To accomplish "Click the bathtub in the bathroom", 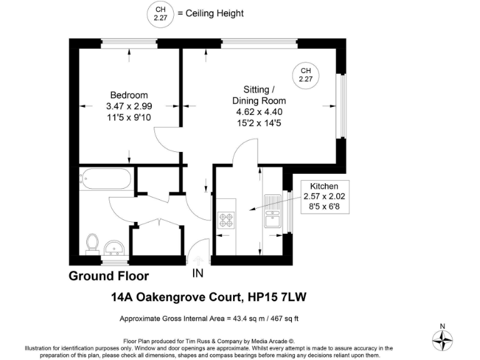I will point(106,181).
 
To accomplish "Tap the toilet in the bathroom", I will point(93,242).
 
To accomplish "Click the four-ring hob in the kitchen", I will point(226,220).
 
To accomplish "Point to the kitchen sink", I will point(273,212).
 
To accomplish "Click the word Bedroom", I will point(129,95).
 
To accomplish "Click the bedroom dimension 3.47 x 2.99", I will point(129,106).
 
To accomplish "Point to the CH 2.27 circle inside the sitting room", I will point(306,74).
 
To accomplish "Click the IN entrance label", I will point(197,273).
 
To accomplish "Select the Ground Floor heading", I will point(109,276).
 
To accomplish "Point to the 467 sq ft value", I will point(284,319).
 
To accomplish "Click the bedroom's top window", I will point(129,42).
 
